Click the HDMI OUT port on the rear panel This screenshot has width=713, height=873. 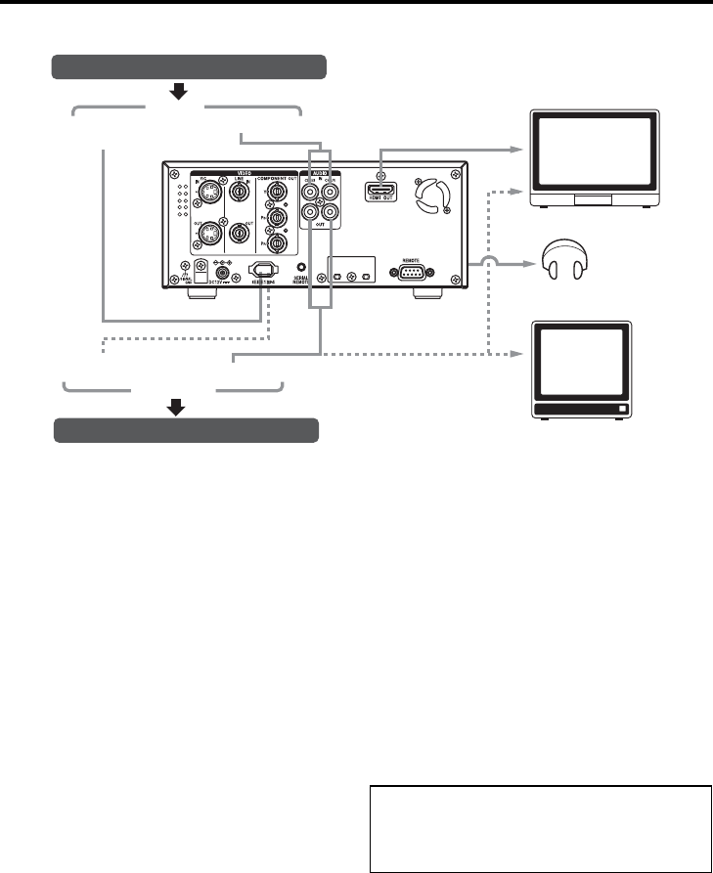pyautogui.click(x=380, y=192)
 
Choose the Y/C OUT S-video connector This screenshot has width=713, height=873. pyautogui.click(x=207, y=235)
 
